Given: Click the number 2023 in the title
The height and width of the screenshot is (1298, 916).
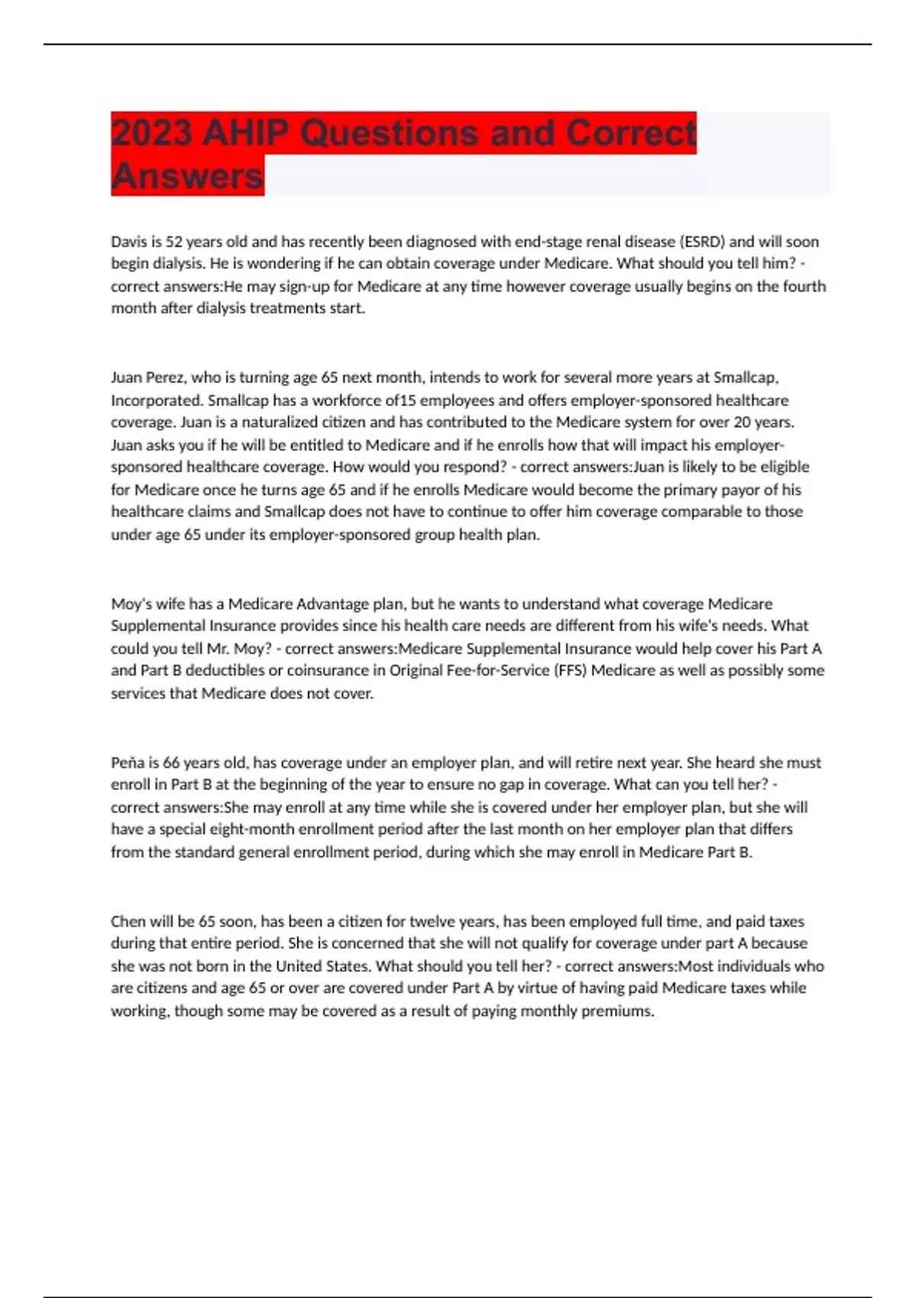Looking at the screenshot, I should pos(151,133).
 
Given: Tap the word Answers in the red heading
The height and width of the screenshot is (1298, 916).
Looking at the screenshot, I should pos(187,176).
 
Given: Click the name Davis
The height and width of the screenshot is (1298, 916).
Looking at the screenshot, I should pos(128,242).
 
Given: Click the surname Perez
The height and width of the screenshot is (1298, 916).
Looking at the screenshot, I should pos(164,377).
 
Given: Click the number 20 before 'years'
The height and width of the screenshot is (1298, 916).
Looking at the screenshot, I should pos(742,422).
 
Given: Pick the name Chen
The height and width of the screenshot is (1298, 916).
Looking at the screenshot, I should pos(127,922).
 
